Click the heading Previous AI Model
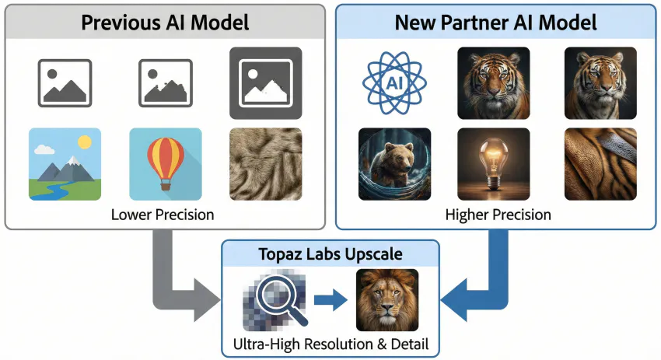point(165,21)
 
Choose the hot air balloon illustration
point(165,164)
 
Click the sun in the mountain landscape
point(84,142)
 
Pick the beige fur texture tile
point(265,164)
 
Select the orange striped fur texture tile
point(600,164)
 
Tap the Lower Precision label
point(165,214)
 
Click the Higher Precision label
point(498,214)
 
